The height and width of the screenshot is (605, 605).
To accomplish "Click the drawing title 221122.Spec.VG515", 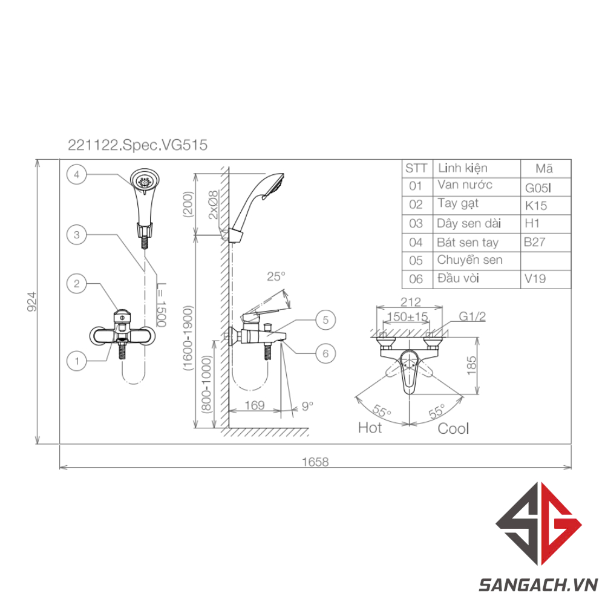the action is [137, 145].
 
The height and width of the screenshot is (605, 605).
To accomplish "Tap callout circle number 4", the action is [76, 174].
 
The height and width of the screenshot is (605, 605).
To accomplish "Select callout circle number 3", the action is [76, 235].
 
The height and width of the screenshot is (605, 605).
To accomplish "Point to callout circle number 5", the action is [325, 320].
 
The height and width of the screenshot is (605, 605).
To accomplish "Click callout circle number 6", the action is [325, 353].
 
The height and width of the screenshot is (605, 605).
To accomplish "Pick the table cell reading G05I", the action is [538, 188].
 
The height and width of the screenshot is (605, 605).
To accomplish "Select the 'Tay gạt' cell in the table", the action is [458, 204].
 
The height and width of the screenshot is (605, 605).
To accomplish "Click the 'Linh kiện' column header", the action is [463, 168].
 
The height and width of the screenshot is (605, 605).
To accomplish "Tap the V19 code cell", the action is [535, 278].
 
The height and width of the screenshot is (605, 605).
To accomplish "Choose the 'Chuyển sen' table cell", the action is [469, 260].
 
